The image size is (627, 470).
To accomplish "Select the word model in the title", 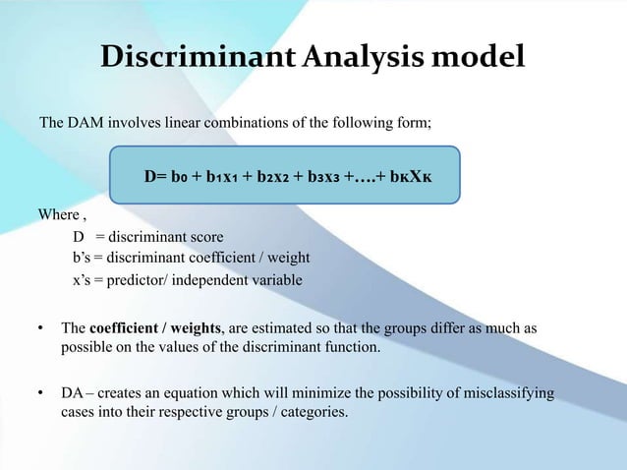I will pos(482,58).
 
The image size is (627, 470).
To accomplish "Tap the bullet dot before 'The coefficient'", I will pos(41,327).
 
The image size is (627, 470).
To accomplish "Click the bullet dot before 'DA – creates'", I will pos(41,394).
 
